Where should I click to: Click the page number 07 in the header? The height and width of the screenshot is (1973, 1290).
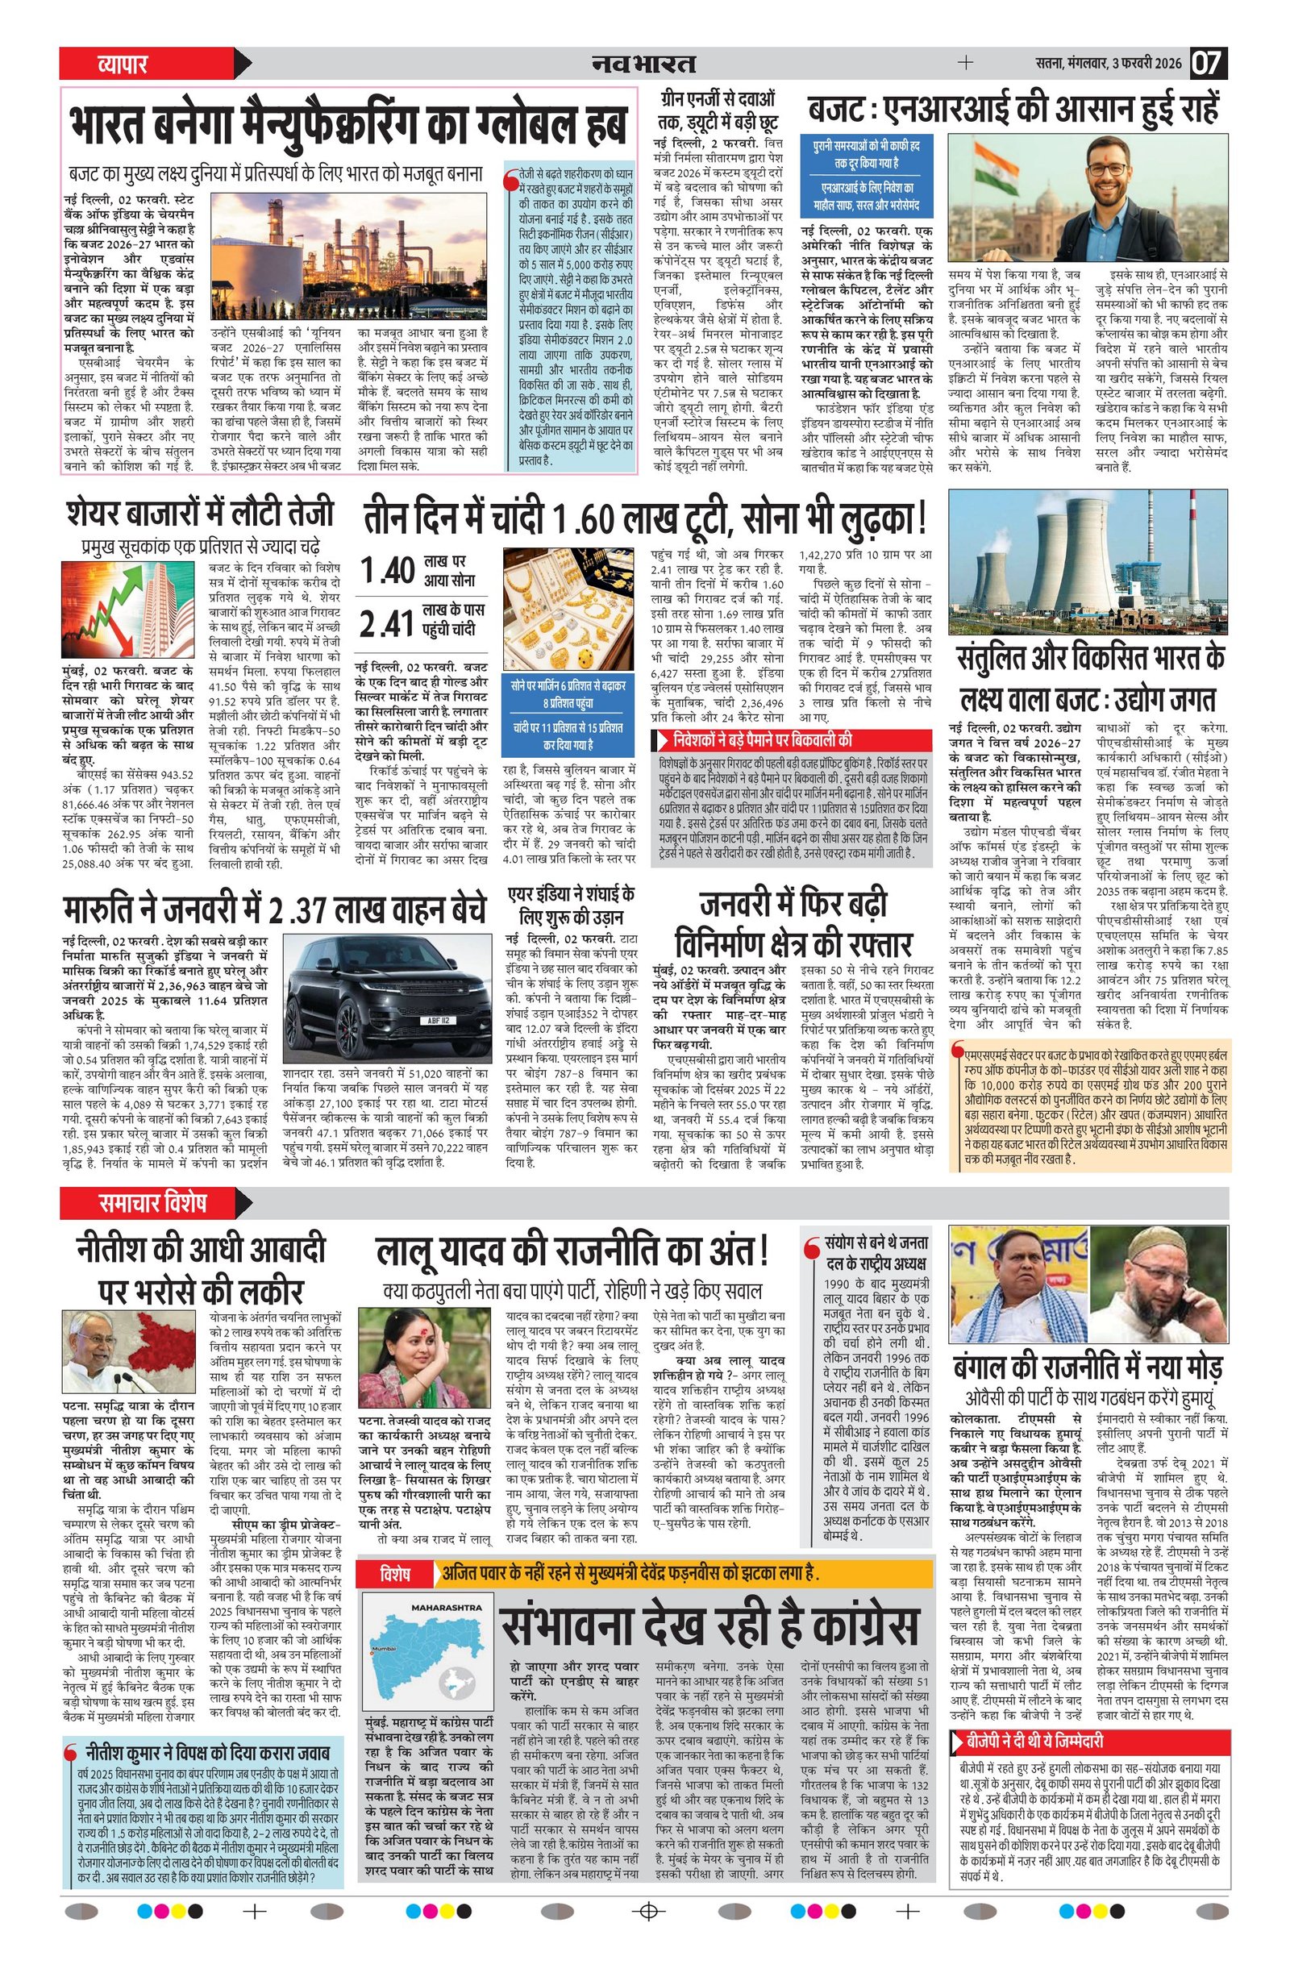coord(1209,64)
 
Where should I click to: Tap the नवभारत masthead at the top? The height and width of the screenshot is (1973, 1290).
coord(644,64)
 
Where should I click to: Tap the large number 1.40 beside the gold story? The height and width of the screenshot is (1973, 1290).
coord(387,570)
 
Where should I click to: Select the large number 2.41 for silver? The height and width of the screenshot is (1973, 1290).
coord(387,622)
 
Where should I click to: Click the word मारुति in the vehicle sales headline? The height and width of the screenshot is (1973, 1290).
coord(110,910)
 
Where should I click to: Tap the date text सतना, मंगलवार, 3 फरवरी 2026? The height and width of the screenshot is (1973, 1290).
coord(1108,64)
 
